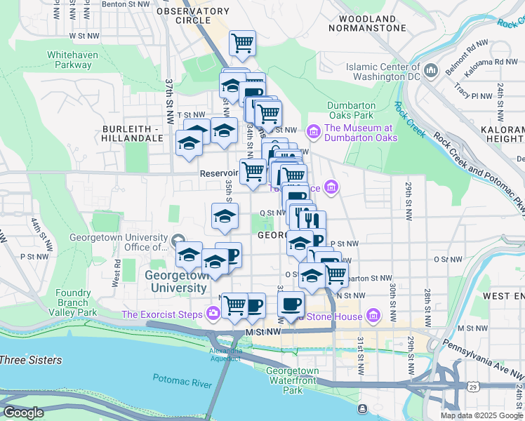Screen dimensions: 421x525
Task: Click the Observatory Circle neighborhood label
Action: pyautogui.click(x=193, y=15)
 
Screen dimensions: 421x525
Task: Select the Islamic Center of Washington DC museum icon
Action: pyautogui.click(x=431, y=71)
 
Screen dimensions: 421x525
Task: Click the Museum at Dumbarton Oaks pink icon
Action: pyautogui.click(x=313, y=131)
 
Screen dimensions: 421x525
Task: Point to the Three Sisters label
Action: pyautogui.click(x=31, y=361)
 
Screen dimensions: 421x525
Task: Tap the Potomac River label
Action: pyautogui.click(x=182, y=380)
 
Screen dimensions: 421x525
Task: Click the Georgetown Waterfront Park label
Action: pyautogui.click(x=292, y=380)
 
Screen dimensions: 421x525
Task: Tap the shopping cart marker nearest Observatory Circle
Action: pyautogui.click(x=242, y=43)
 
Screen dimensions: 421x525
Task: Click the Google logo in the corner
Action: pyautogui.click(x=23, y=413)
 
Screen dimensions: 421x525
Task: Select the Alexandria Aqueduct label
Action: pyautogui.click(x=225, y=354)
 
